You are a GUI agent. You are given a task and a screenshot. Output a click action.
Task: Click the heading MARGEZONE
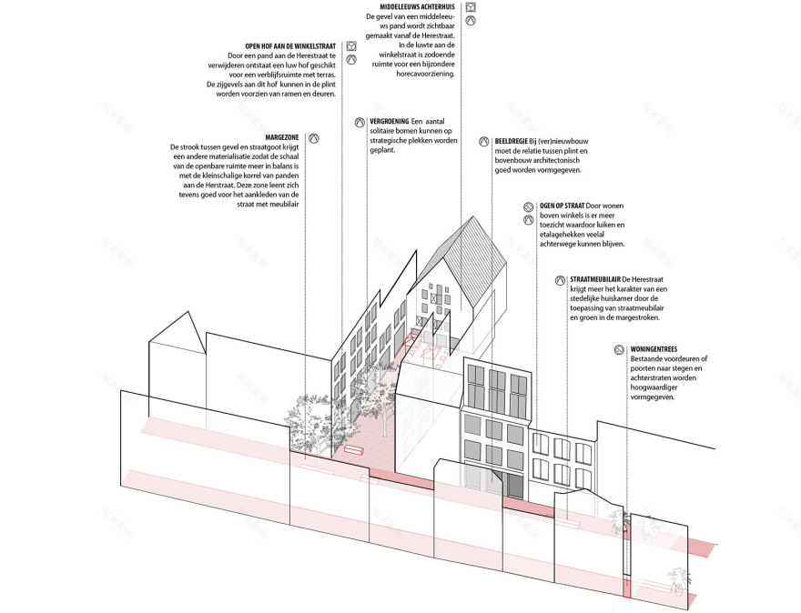(282, 138)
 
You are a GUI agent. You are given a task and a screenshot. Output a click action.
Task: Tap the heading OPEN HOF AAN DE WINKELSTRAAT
(290, 46)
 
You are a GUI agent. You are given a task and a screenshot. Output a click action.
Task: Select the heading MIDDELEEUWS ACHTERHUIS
(417, 7)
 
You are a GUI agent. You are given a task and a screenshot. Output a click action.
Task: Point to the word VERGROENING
(390, 122)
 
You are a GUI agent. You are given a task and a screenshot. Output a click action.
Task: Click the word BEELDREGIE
(508, 141)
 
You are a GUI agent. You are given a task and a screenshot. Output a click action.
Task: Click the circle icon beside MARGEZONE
(314, 138)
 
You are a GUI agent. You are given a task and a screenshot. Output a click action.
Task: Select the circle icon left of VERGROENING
(360, 123)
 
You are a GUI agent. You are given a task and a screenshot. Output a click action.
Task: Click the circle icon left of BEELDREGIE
(483, 142)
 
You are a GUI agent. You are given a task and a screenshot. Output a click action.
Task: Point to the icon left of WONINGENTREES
(620, 350)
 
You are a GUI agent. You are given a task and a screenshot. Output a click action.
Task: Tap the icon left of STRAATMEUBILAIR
(561, 280)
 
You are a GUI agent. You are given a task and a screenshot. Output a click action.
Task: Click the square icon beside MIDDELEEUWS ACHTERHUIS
(471, 7)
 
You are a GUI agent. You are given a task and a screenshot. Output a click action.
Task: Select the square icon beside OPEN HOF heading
(351, 46)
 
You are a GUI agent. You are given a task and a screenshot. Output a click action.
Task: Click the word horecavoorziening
(426, 74)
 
